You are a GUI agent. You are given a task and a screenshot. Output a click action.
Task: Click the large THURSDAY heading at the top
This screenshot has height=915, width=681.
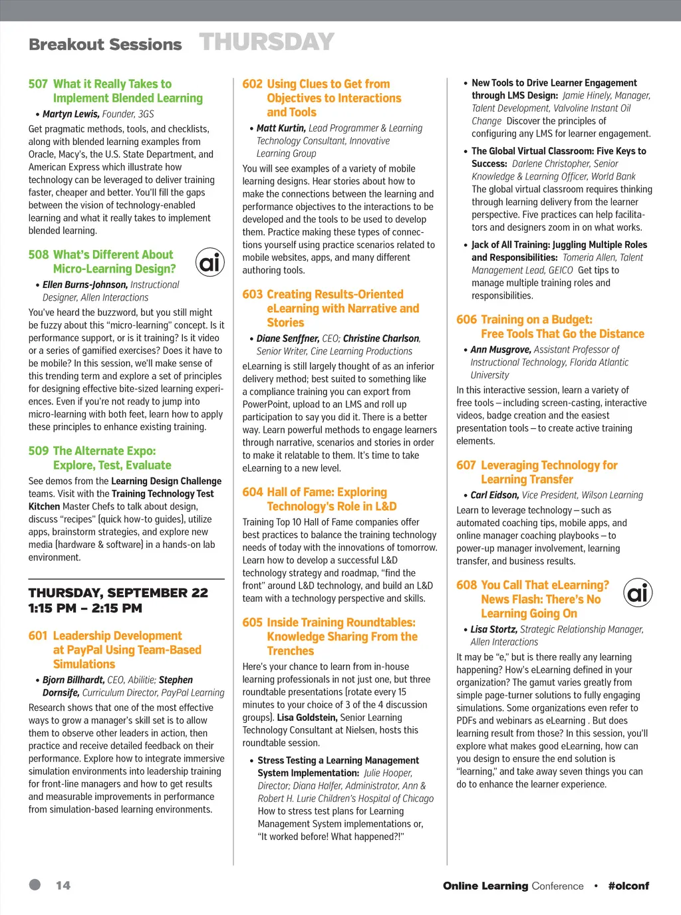pyautogui.click(x=267, y=43)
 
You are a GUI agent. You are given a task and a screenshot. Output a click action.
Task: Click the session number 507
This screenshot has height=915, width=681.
pyautogui.click(x=38, y=84)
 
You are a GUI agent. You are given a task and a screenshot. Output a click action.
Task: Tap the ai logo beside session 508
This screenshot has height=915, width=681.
pyautogui.click(x=210, y=263)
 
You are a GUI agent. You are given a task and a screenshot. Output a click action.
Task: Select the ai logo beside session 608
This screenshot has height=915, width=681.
pyautogui.click(x=638, y=592)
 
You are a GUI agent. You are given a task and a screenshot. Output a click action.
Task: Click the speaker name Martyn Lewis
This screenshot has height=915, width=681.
pyautogui.click(x=71, y=114)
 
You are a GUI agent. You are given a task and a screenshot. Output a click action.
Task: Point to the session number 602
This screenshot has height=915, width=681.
pyautogui.click(x=252, y=84)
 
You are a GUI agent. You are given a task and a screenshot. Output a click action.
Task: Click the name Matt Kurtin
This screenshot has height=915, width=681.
pyautogui.click(x=281, y=128)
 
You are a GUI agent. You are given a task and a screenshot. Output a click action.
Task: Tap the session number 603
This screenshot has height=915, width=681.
pyautogui.click(x=252, y=295)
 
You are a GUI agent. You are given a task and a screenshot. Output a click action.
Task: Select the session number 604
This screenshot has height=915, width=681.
pyautogui.click(x=252, y=492)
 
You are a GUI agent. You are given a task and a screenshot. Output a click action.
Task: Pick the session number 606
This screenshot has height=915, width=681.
pyautogui.click(x=466, y=320)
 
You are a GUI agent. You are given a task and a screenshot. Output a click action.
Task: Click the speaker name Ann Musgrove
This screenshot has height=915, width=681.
pyautogui.click(x=500, y=350)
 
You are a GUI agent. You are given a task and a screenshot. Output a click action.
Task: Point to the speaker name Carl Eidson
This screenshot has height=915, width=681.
pyautogui.click(x=494, y=495)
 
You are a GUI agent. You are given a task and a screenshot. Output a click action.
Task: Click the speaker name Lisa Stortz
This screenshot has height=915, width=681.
pyautogui.click(x=493, y=630)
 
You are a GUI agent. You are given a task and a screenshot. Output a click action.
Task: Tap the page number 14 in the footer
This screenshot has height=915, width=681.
pyautogui.click(x=63, y=886)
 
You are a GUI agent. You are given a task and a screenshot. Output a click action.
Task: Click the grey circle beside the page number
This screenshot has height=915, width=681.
pyautogui.click(x=35, y=884)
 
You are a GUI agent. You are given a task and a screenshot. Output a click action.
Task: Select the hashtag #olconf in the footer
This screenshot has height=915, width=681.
pyautogui.click(x=628, y=886)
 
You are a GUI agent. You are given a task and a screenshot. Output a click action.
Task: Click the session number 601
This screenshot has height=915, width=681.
pyautogui.click(x=38, y=636)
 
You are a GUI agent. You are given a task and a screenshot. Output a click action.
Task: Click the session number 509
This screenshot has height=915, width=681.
pyautogui.click(x=38, y=452)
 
